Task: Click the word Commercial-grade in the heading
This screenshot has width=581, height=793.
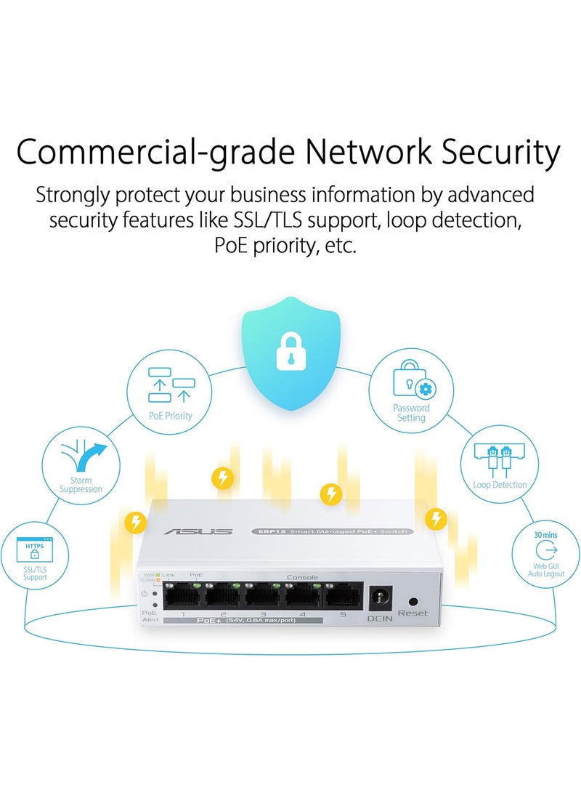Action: point(154,153)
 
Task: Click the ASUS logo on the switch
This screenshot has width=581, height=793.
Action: point(198,532)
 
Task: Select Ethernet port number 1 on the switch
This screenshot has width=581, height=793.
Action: point(182,597)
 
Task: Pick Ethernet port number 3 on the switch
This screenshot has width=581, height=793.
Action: point(263,597)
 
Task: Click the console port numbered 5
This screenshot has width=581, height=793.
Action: point(342,597)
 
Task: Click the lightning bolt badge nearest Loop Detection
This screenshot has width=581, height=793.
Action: point(436,518)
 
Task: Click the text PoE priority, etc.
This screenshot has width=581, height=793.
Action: point(285,245)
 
